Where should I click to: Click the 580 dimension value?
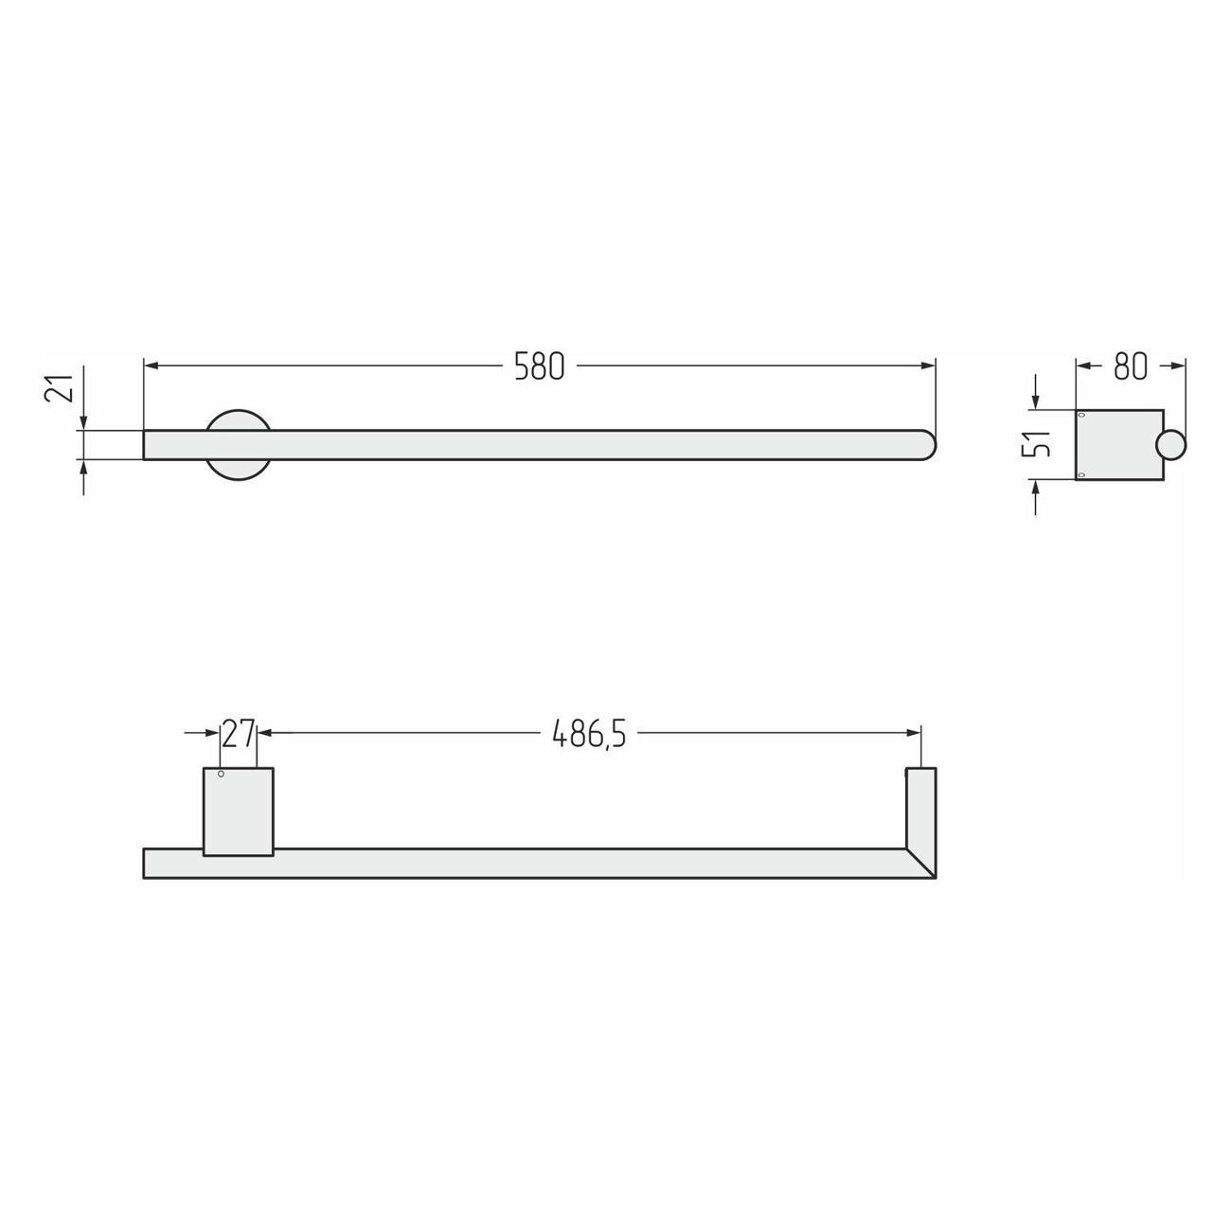(x=539, y=366)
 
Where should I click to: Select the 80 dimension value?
(x=1131, y=366)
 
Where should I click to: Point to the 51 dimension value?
(x=1036, y=442)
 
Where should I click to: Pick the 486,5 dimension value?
(x=589, y=735)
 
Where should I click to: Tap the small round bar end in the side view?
(x=1171, y=445)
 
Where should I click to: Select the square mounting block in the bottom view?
(x=239, y=812)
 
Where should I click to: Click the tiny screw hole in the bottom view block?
(x=221, y=775)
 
